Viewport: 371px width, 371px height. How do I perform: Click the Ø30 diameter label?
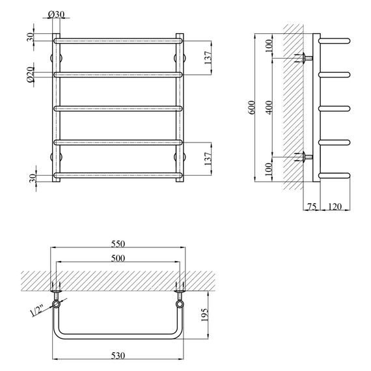[57, 14]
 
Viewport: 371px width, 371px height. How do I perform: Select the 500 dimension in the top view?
[118, 258]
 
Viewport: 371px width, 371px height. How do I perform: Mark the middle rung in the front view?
[118, 108]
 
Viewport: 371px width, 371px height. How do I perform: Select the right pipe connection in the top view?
[179, 304]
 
